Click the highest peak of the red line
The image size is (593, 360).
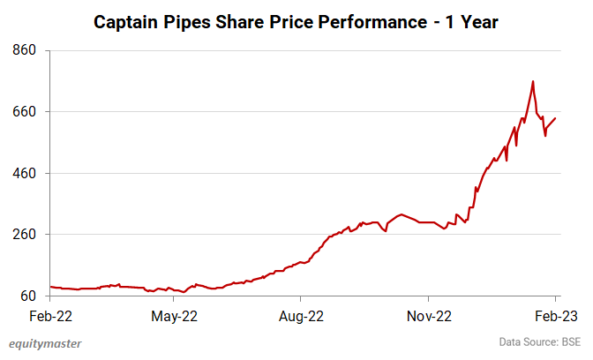[533, 81]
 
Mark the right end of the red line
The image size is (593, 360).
[555, 118]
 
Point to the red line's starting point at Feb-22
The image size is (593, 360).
[50, 287]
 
